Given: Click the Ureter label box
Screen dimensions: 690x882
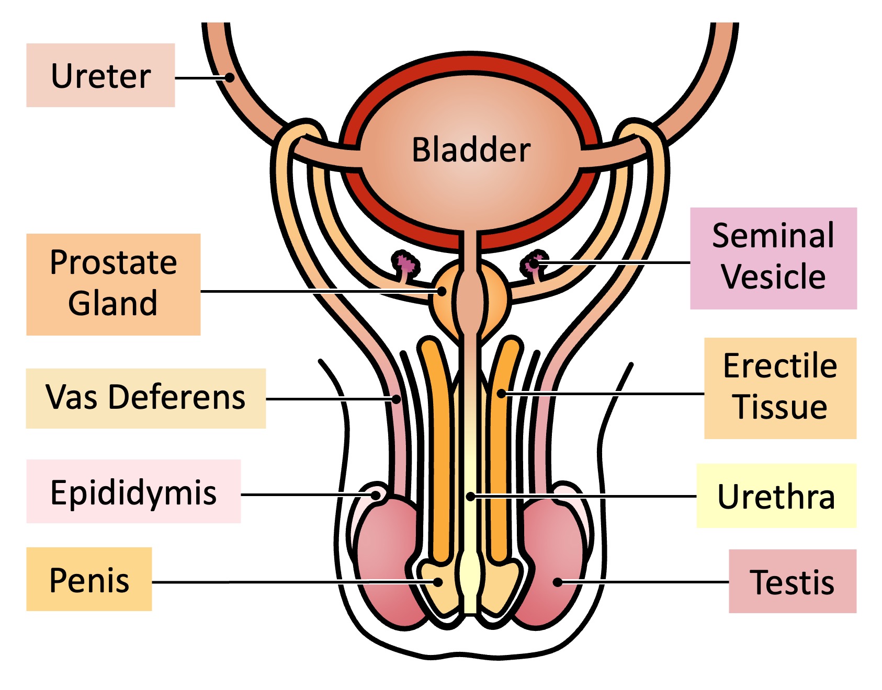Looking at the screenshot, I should coord(100,75).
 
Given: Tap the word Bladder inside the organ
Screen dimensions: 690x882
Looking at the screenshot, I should coord(471,150).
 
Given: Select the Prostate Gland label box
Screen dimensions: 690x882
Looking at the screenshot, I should coord(113,284).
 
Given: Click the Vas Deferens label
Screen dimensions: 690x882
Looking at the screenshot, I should coord(145,398).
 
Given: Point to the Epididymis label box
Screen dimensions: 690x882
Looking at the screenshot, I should coord(133,491).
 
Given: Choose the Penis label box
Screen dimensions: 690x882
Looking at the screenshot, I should coord(89,579).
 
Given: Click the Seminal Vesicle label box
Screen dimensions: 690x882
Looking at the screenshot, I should coord(773,258).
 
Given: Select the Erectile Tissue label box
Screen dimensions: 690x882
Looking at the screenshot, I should coord(780,388).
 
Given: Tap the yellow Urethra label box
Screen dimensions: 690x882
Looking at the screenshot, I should coord(776,496).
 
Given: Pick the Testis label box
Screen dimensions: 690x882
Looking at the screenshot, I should coord(792,581).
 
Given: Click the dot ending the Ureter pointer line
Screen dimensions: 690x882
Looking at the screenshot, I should coord(230,78).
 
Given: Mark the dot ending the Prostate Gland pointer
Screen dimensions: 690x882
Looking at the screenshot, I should coord(442,291).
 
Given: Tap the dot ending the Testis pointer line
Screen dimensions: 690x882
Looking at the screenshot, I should coord(558,582).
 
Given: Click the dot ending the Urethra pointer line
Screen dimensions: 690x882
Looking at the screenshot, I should coord(471,496).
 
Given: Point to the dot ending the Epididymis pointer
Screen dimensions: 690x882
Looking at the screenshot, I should coord(376,494).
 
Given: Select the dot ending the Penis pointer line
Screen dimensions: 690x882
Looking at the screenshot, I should coord(438,582).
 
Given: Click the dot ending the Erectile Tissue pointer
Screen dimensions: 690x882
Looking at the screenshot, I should coord(501,393).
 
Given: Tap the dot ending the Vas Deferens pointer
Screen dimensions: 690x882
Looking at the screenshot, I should coord(397,399).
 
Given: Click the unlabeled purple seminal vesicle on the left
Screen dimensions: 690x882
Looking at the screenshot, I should coord(405,263).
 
